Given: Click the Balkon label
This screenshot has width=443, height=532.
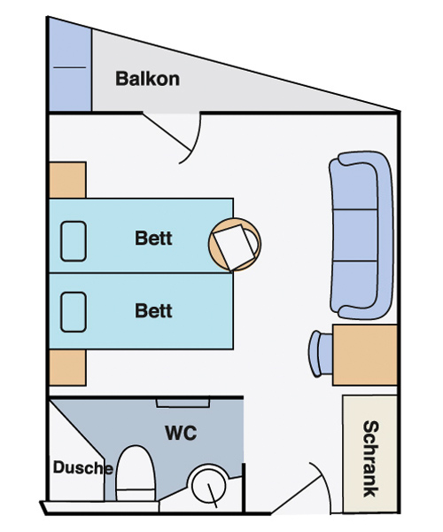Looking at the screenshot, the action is [147, 79].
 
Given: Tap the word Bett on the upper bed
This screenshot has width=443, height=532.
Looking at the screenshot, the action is [153, 238].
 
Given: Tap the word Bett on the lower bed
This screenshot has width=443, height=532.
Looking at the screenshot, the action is [153, 310].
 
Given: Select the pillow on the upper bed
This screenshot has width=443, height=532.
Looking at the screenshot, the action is [74, 241].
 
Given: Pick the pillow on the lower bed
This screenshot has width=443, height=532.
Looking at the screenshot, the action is [74, 312].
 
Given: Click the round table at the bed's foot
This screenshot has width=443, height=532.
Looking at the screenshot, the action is [235, 245].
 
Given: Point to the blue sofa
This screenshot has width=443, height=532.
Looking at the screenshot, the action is [361, 235].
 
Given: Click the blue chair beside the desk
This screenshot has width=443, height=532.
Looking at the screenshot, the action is [321, 354].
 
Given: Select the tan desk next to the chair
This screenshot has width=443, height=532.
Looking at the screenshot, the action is [365, 355].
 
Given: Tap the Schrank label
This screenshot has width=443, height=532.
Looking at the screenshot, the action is [370, 458].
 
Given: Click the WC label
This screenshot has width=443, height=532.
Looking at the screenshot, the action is [181, 433].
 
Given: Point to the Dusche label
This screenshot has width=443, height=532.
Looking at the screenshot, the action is [83, 467].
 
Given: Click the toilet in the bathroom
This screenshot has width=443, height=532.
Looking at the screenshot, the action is [136, 473].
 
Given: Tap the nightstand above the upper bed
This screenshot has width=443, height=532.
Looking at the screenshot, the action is [67, 180].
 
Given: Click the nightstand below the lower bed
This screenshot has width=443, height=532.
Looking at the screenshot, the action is [67, 367].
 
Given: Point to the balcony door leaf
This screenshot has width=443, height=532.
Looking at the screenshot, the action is [166, 131].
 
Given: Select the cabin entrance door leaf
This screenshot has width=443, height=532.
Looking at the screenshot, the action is [296, 494].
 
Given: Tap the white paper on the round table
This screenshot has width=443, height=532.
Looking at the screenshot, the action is [234, 247].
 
